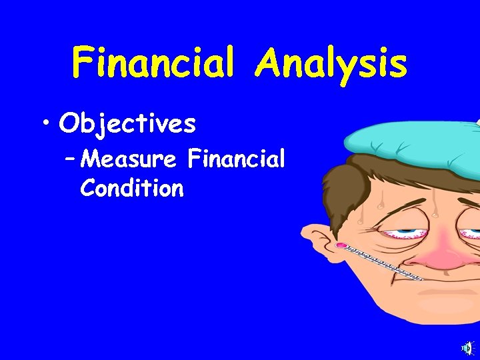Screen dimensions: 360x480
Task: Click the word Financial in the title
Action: tap(153, 63)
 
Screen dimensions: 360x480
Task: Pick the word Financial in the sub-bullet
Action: tap(237, 160)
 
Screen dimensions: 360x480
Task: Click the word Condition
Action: tap(131, 189)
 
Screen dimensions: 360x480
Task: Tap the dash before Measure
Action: tap(71, 161)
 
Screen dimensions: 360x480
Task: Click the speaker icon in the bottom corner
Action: tap(469, 347)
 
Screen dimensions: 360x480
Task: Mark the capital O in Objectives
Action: tap(69, 123)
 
